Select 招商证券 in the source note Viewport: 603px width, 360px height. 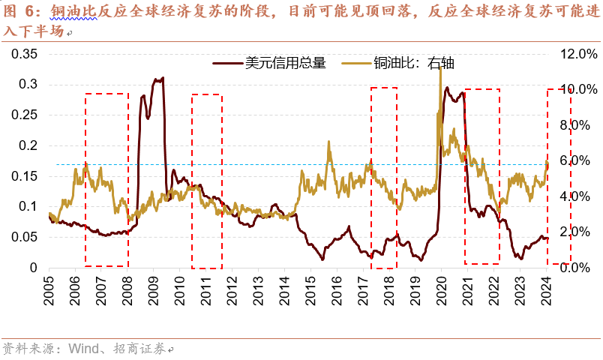140,349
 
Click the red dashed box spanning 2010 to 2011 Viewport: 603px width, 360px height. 206,181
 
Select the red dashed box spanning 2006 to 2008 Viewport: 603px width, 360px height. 106,179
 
